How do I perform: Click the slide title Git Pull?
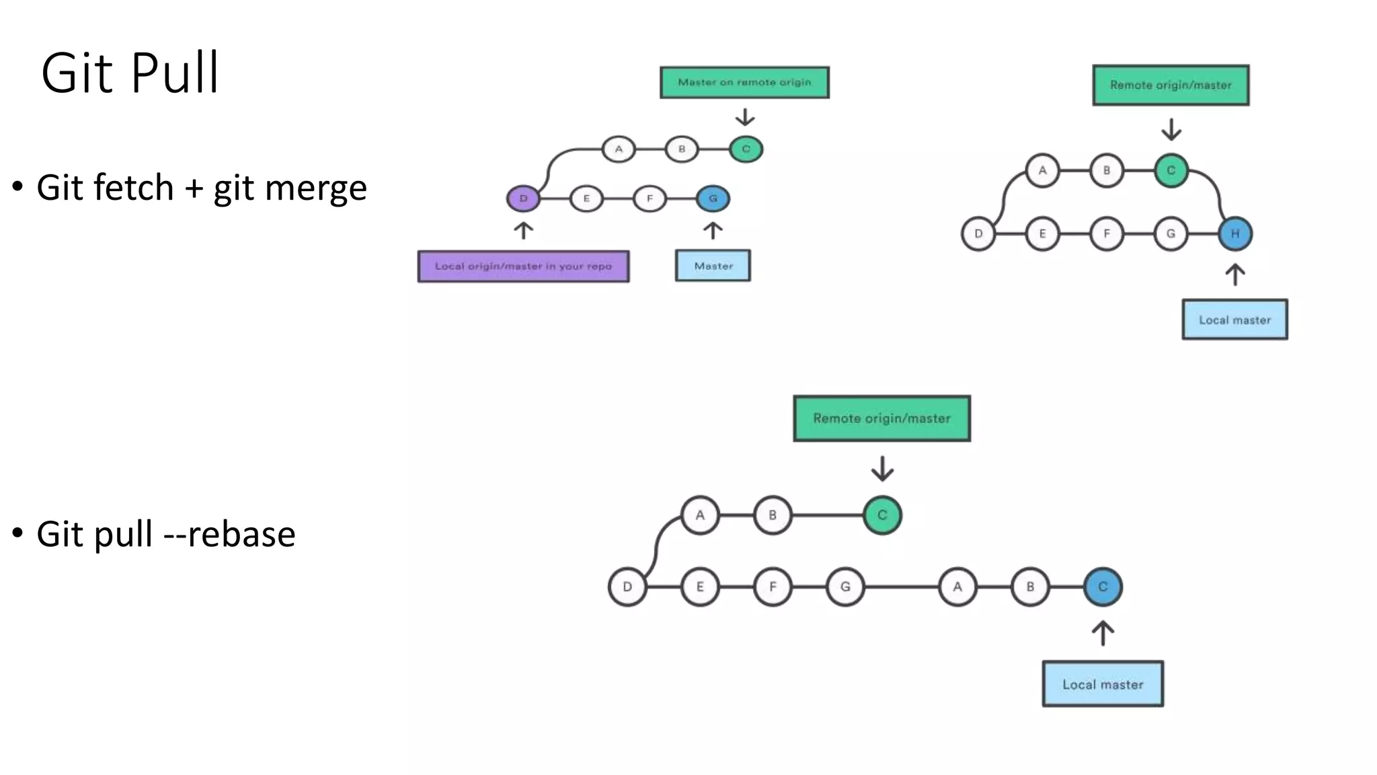click(130, 73)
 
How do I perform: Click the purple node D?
click(523, 198)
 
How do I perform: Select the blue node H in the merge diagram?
click(1234, 234)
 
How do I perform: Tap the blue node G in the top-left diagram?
click(713, 198)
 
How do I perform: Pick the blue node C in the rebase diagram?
click(1103, 587)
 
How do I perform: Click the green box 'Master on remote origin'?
click(744, 82)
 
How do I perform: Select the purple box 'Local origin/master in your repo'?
click(523, 266)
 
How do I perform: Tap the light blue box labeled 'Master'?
click(713, 266)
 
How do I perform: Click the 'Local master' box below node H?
click(1234, 320)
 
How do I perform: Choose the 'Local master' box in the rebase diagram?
click(1103, 684)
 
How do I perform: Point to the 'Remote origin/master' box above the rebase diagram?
click(881, 418)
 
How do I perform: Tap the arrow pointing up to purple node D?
click(523, 231)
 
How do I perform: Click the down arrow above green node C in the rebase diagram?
click(882, 469)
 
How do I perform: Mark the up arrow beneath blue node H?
click(1234, 274)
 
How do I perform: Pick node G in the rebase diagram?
click(845, 587)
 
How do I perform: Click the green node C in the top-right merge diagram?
click(1171, 170)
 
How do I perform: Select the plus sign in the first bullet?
click(194, 188)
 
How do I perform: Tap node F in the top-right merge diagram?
click(1106, 234)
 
